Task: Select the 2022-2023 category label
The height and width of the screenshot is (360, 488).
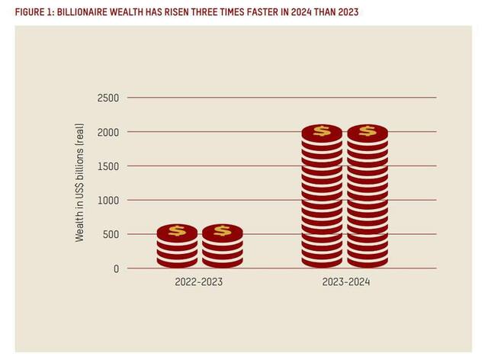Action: pyautogui.click(x=198, y=282)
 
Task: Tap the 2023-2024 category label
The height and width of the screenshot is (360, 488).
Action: pyautogui.click(x=345, y=282)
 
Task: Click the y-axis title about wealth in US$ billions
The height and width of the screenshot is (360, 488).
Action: pyautogui.click(x=79, y=183)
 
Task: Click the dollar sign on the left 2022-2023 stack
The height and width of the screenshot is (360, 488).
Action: pyautogui.click(x=177, y=230)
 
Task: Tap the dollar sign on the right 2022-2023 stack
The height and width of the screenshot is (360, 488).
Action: pyautogui.click(x=222, y=230)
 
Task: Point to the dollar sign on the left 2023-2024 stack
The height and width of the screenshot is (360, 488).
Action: pyautogui.click(x=322, y=131)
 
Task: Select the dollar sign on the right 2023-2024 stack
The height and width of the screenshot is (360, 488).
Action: pyautogui.click(x=368, y=131)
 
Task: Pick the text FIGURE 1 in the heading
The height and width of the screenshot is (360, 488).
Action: pyautogui.click(x=33, y=13)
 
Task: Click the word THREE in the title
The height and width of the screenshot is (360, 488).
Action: pyautogui.click(x=210, y=13)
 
